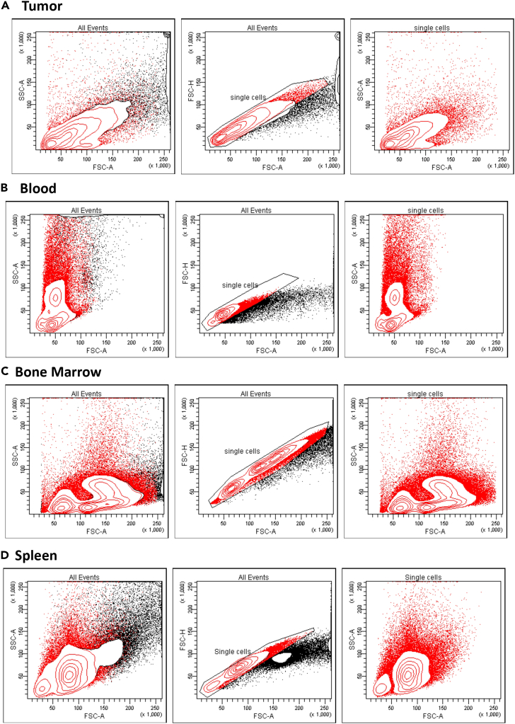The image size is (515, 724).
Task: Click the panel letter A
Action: [x=6, y=8]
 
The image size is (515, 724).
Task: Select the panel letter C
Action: [x=6, y=371]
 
